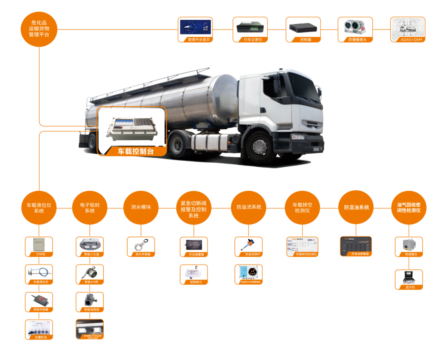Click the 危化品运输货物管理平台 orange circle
pyautogui.click(x=39, y=29)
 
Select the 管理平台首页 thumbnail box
pyautogui.click(x=195, y=29)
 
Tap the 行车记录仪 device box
pyautogui.click(x=250, y=29)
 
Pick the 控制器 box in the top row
pyautogui.click(x=303, y=29)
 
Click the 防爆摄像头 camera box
pyautogui.click(x=355, y=29)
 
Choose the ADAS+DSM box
pyautogui.click(x=407, y=29)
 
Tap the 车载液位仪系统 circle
pyautogui.click(x=39, y=208)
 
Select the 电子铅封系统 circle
pyautogui.click(x=90, y=208)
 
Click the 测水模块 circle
pyautogui.click(x=141, y=207)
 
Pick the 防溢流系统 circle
pyautogui.click(x=249, y=207)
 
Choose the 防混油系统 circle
pyautogui.click(x=356, y=207)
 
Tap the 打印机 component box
pyautogui.click(x=39, y=247)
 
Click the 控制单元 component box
pyautogui.click(x=194, y=274)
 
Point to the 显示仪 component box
pyautogui.click(x=409, y=280)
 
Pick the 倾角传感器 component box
pyautogui.click(x=39, y=302)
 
